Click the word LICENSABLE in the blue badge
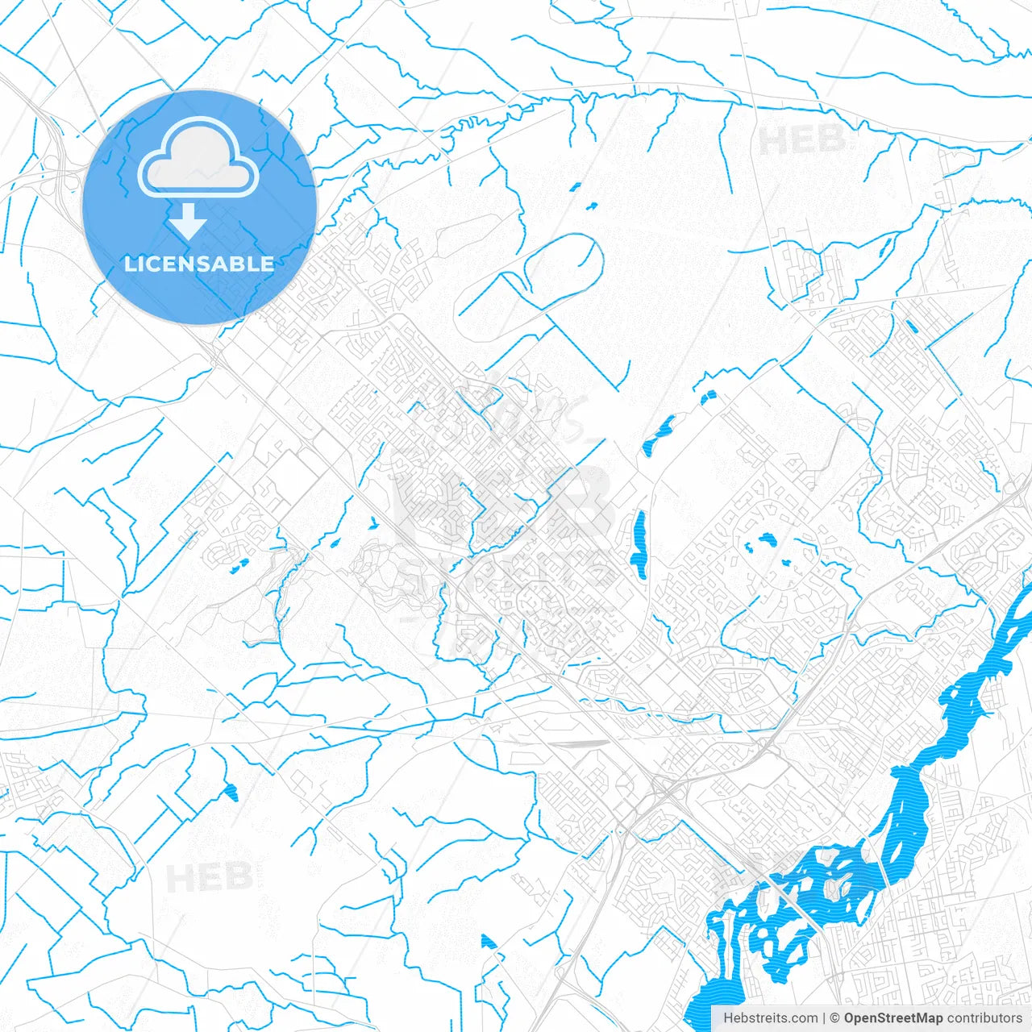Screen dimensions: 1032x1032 198,264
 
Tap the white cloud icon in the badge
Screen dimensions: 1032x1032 198,158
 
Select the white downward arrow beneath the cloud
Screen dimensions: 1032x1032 189,221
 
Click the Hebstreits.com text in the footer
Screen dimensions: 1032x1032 770,1018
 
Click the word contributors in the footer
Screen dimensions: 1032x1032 984,1018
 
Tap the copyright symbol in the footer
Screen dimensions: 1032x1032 834,1018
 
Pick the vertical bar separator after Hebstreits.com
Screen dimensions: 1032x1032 823,1018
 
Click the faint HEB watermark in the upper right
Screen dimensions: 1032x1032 801,140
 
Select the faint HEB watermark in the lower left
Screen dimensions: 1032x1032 210,876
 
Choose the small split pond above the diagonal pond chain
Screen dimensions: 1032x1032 709,397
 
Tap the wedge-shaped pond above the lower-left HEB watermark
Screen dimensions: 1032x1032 232,792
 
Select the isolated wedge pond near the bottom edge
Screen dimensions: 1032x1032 489,943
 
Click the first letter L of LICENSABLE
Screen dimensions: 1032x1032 129,264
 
